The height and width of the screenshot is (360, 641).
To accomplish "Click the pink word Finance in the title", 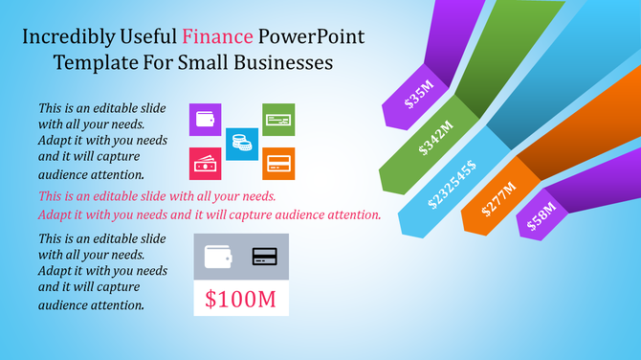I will tap(217, 38).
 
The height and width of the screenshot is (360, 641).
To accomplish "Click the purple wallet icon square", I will tap(206, 120).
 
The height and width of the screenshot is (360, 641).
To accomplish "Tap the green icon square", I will tap(278, 120).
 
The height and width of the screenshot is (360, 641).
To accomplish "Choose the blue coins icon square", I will tap(242, 144).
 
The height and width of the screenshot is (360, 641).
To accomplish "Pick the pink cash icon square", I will tap(206, 164).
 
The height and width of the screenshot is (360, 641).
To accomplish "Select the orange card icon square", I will tap(278, 164).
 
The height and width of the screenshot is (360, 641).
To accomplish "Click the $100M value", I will tap(241, 299).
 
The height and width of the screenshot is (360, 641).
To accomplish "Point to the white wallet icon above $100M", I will tap(217, 256).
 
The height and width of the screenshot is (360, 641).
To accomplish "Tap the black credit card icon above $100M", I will tap(265, 256).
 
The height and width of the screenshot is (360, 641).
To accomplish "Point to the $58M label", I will tap(541, 216).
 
